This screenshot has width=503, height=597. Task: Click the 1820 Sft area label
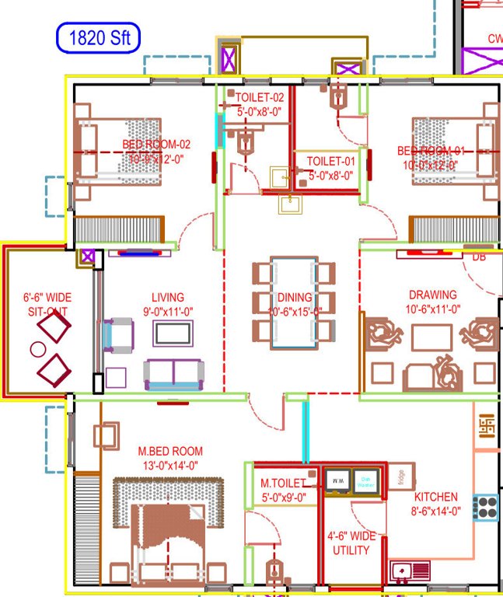click(97, 37)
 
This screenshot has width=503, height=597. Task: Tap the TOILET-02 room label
click(260, 98)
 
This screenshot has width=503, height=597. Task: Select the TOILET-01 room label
click(330, 162)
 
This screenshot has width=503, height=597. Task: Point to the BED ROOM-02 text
click(156, 145)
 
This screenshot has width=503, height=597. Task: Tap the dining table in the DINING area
click(295, 303)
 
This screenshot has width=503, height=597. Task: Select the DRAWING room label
click(433, 295)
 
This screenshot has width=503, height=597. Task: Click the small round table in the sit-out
click(37, 349)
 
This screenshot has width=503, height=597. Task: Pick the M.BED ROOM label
click(170, 451)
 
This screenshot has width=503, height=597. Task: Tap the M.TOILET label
click(283, 483)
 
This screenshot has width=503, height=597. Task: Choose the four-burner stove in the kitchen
click(486, 508)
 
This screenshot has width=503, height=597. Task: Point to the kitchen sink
click(409, 572)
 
